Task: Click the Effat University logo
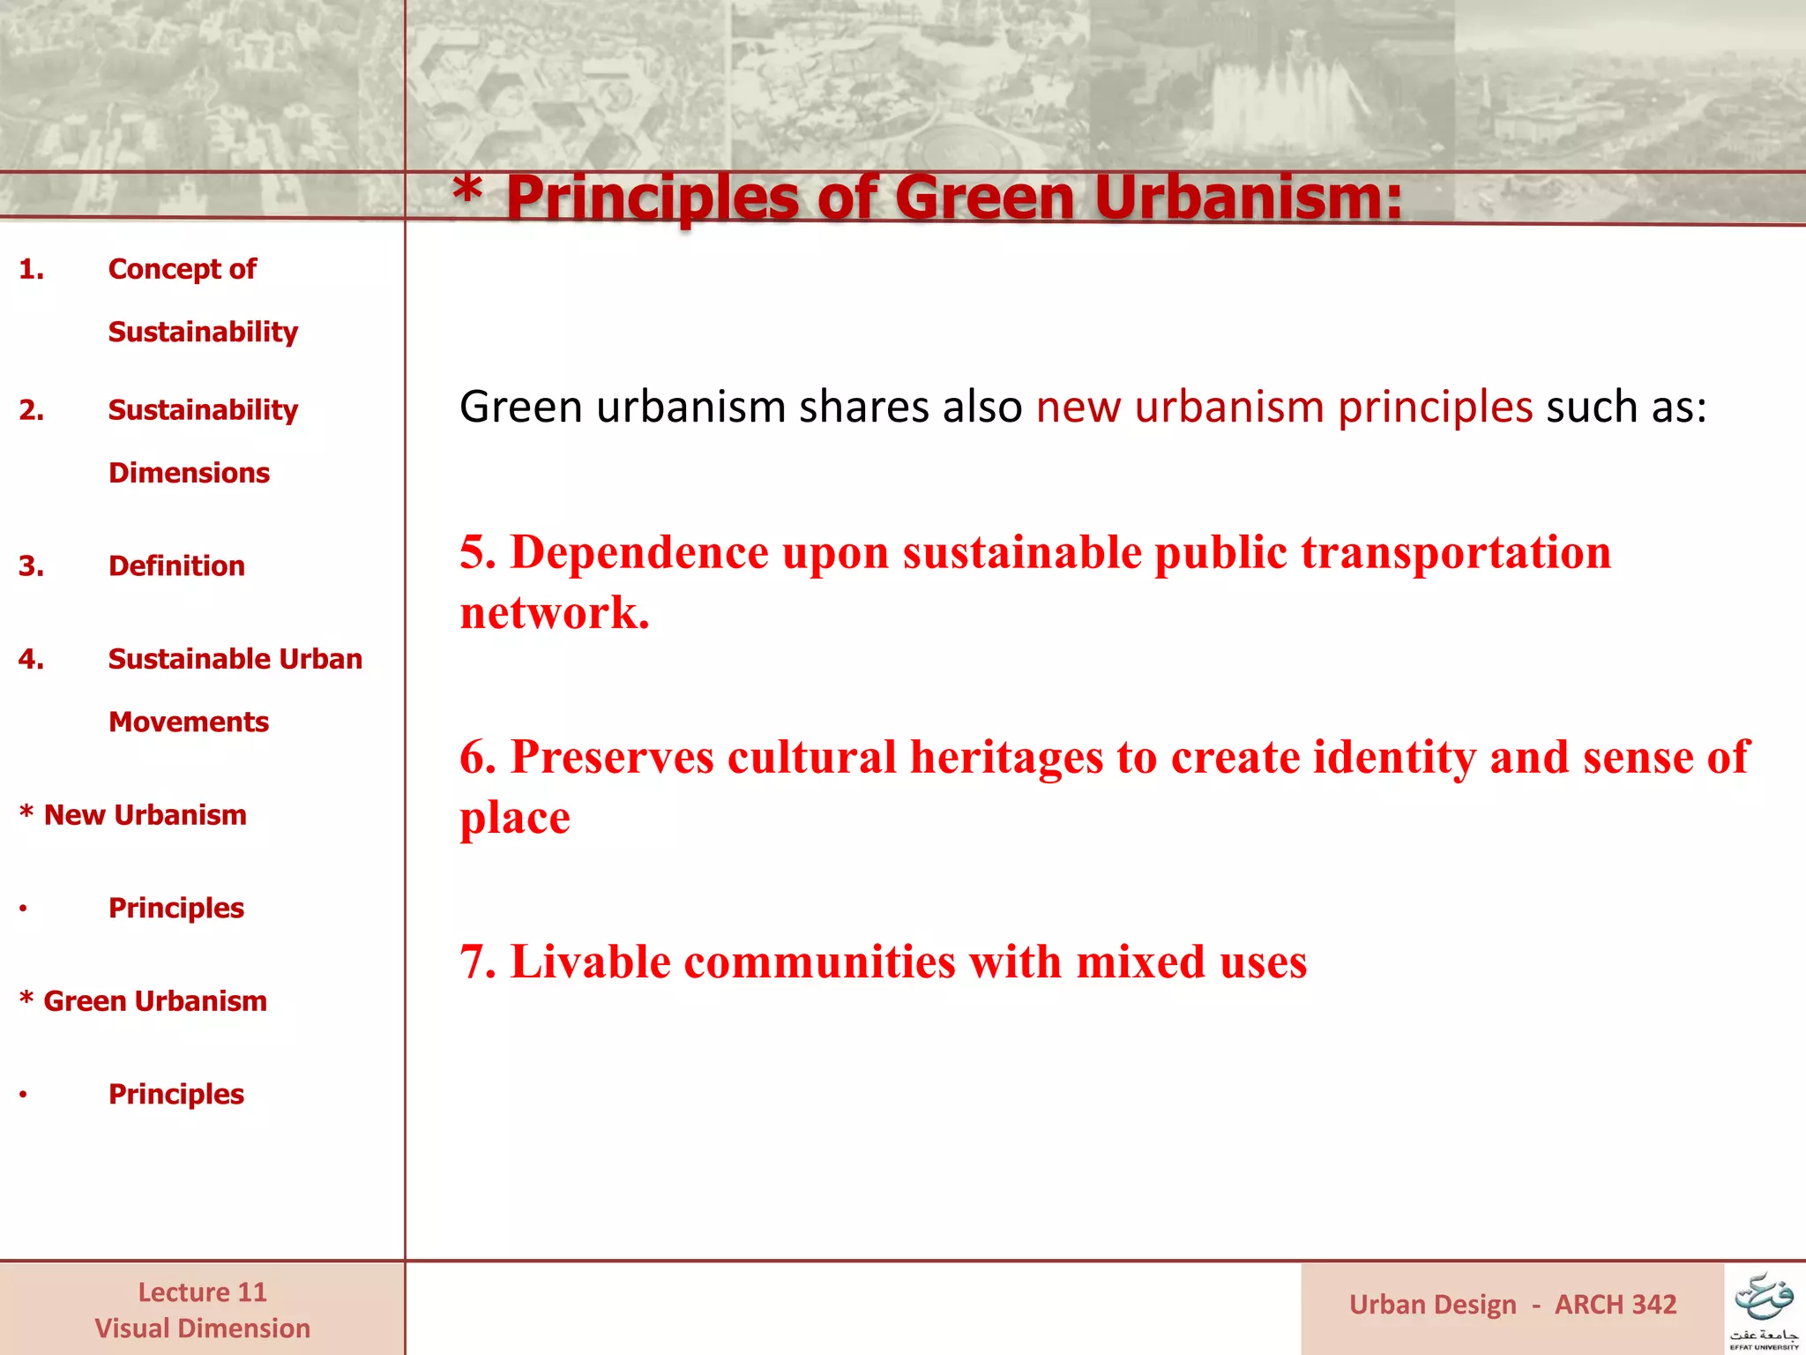point(1765,1309)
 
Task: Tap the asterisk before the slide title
point(467,190)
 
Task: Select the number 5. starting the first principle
point(478,553)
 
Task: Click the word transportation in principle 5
point(1456,553)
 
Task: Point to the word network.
point(555,613)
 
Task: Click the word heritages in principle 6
point(1006,758)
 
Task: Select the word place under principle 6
point(515,818)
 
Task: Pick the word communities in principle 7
point(820,962)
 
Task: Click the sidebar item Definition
point(176,565)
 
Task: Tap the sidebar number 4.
point(31,659)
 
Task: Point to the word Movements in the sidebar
point(189,722)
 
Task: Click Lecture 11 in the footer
point(202,1292)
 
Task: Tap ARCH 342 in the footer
point(1616,1305)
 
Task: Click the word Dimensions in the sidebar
point(189,473)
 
